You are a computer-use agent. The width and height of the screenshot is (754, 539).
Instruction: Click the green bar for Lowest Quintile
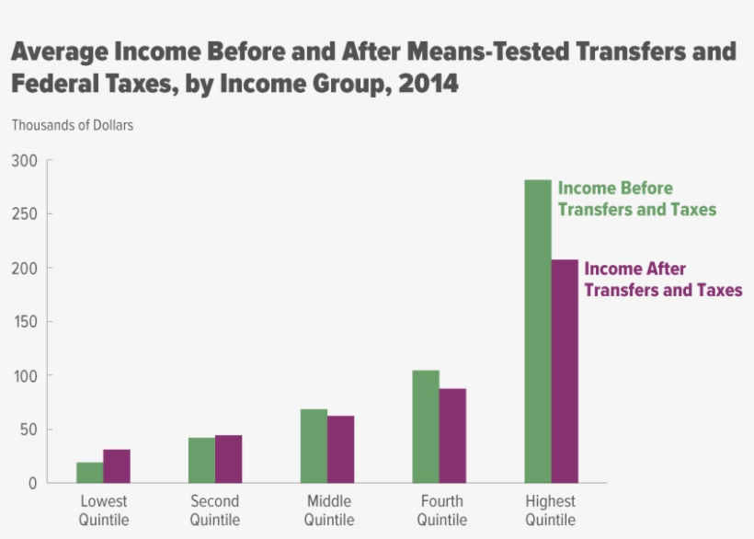click(89, 473)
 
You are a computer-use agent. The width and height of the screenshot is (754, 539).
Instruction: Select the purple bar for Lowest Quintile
click(116, 466)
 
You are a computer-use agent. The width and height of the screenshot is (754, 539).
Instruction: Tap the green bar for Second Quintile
click(201, 460)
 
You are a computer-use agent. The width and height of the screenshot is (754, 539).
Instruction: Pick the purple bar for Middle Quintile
click(340, 450)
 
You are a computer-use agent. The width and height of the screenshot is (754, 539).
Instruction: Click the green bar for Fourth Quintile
click(426, 427)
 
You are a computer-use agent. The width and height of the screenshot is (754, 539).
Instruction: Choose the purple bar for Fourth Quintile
click(452, 436)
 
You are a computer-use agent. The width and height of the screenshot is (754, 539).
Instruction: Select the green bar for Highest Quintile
click(537, 331)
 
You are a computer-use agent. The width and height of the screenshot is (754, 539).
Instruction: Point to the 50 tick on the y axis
click(28, 430)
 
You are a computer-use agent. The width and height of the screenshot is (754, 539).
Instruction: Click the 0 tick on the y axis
click(32, 483)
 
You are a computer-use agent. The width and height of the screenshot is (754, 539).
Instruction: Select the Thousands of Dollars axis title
click(72, 125)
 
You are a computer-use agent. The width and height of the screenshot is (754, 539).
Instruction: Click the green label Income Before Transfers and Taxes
click(636, 199)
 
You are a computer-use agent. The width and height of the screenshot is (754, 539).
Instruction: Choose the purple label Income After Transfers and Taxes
click(662, 280)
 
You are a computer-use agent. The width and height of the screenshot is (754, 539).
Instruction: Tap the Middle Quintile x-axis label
click(328, 510)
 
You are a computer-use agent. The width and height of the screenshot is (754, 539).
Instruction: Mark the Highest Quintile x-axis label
click(550, 510)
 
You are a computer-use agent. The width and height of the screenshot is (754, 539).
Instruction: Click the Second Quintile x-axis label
click(214, 510)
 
